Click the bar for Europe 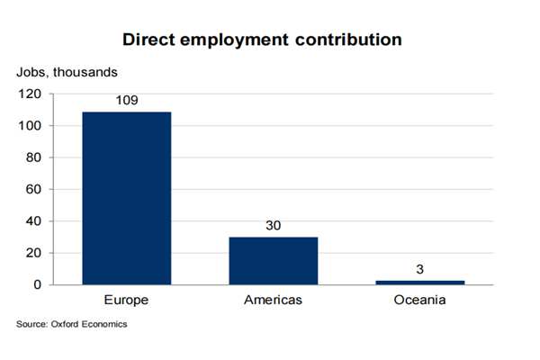pos(126,198)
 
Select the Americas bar pos(274,261)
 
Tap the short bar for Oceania pos(420,283)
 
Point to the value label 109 pos(126,100)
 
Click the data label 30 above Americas pos(274,225)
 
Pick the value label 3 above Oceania pos(420,269)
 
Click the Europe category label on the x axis pos(126,299)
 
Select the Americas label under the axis pos(274,299)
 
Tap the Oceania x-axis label pos(420,299)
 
